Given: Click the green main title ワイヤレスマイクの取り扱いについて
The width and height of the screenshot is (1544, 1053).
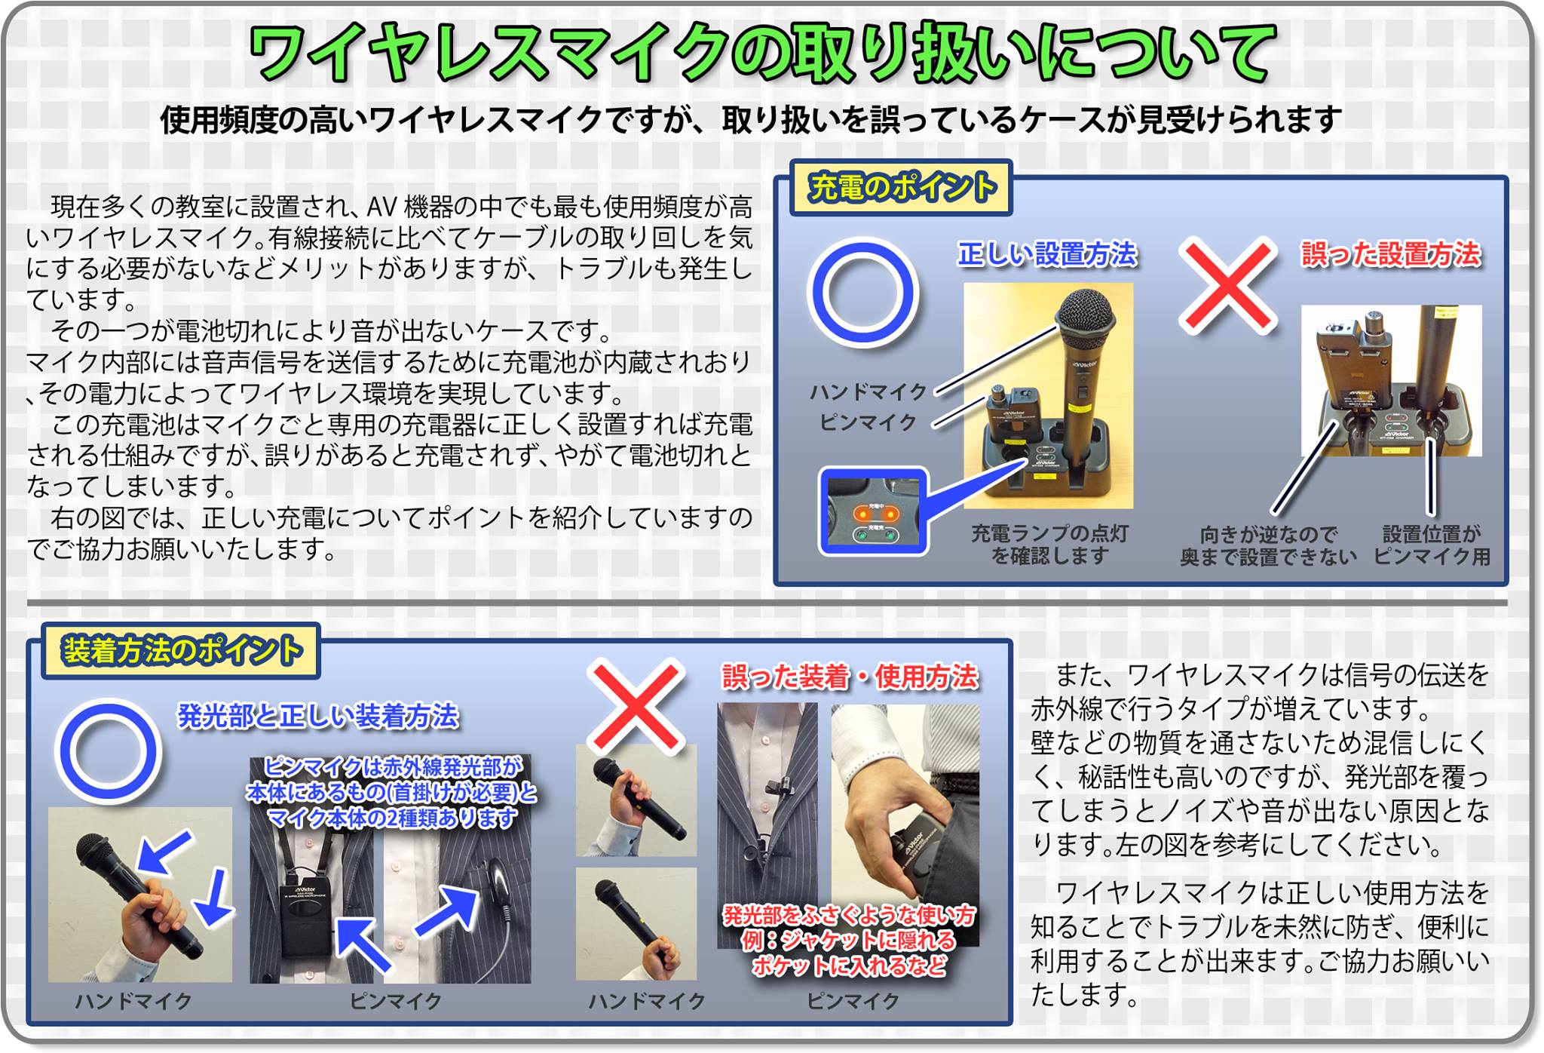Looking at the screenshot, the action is (x=761, y=53).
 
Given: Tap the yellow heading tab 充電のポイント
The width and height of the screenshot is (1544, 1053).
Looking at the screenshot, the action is (x=901, y=187).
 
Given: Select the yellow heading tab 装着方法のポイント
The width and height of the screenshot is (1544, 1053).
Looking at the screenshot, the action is (x=182, y=650).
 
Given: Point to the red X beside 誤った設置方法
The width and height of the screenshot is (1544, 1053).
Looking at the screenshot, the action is (x=1228, y=285).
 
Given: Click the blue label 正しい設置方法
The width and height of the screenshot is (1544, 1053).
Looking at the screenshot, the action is (x=1047, y=254).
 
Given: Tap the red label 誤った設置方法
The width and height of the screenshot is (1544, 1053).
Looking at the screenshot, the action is (x=1391, y=254).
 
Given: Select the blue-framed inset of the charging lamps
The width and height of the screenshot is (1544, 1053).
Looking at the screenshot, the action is (x=874, y=512).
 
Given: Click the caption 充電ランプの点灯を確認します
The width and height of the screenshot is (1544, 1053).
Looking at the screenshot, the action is (x=1049, y=545).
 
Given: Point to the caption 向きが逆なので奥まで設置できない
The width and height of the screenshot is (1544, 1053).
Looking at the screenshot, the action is (x=1268, y=546).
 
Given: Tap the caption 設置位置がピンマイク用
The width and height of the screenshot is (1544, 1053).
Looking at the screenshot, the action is (x=1432, y=545).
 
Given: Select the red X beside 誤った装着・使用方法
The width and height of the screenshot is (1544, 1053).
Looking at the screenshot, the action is (x=636, y=708).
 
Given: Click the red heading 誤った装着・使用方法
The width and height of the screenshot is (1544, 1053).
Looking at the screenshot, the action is (x=850, y=677).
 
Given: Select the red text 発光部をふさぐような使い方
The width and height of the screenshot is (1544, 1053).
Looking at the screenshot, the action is (x=849, y=915).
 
